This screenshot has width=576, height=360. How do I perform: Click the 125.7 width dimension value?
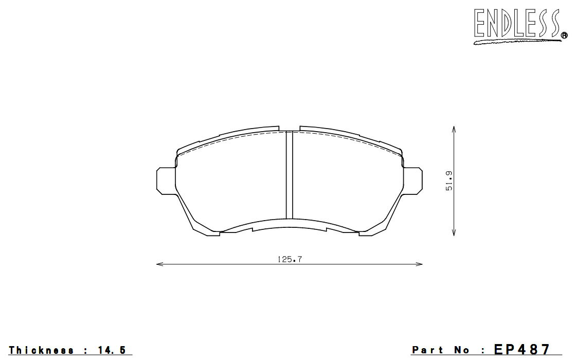tap(290, 259)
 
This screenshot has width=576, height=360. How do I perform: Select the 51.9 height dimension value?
tap(449, 181)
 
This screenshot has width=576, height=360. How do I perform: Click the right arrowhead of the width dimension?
tap(419, 264)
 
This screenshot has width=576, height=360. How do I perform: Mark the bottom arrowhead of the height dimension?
tap(454, 232)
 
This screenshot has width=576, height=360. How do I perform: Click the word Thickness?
tap(41, 350)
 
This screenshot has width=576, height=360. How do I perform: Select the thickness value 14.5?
tap(112, 350)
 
